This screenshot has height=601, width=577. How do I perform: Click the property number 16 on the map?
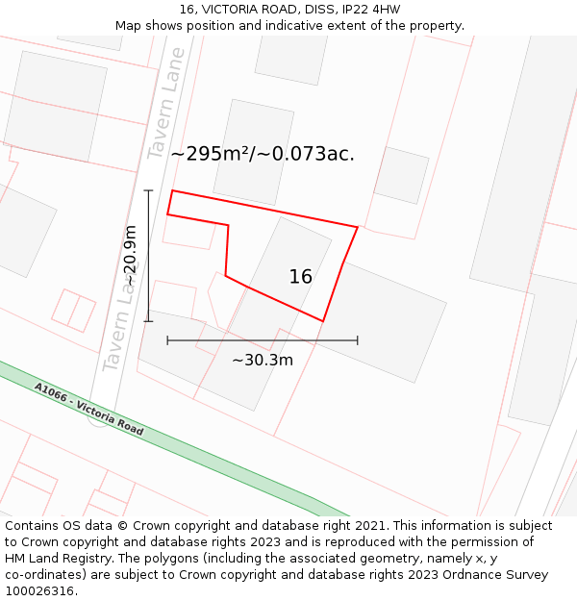coord(301,277)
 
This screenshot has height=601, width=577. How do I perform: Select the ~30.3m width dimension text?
coord(262,361)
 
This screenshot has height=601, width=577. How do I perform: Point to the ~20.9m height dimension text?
coord(131,256)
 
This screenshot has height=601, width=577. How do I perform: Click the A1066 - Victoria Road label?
coord(88,410)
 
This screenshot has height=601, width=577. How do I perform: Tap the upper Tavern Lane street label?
coord(166,103)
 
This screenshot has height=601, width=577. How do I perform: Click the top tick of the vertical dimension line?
coord(148,190)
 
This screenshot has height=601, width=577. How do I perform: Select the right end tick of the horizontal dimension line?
coord(358,340)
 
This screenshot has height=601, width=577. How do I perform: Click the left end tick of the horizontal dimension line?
coord(167,340)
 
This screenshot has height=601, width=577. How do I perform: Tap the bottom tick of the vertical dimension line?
coord(148,321)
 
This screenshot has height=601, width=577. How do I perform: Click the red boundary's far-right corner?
coord(358,227)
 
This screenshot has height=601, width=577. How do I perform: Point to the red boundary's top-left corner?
coord(172,190)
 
